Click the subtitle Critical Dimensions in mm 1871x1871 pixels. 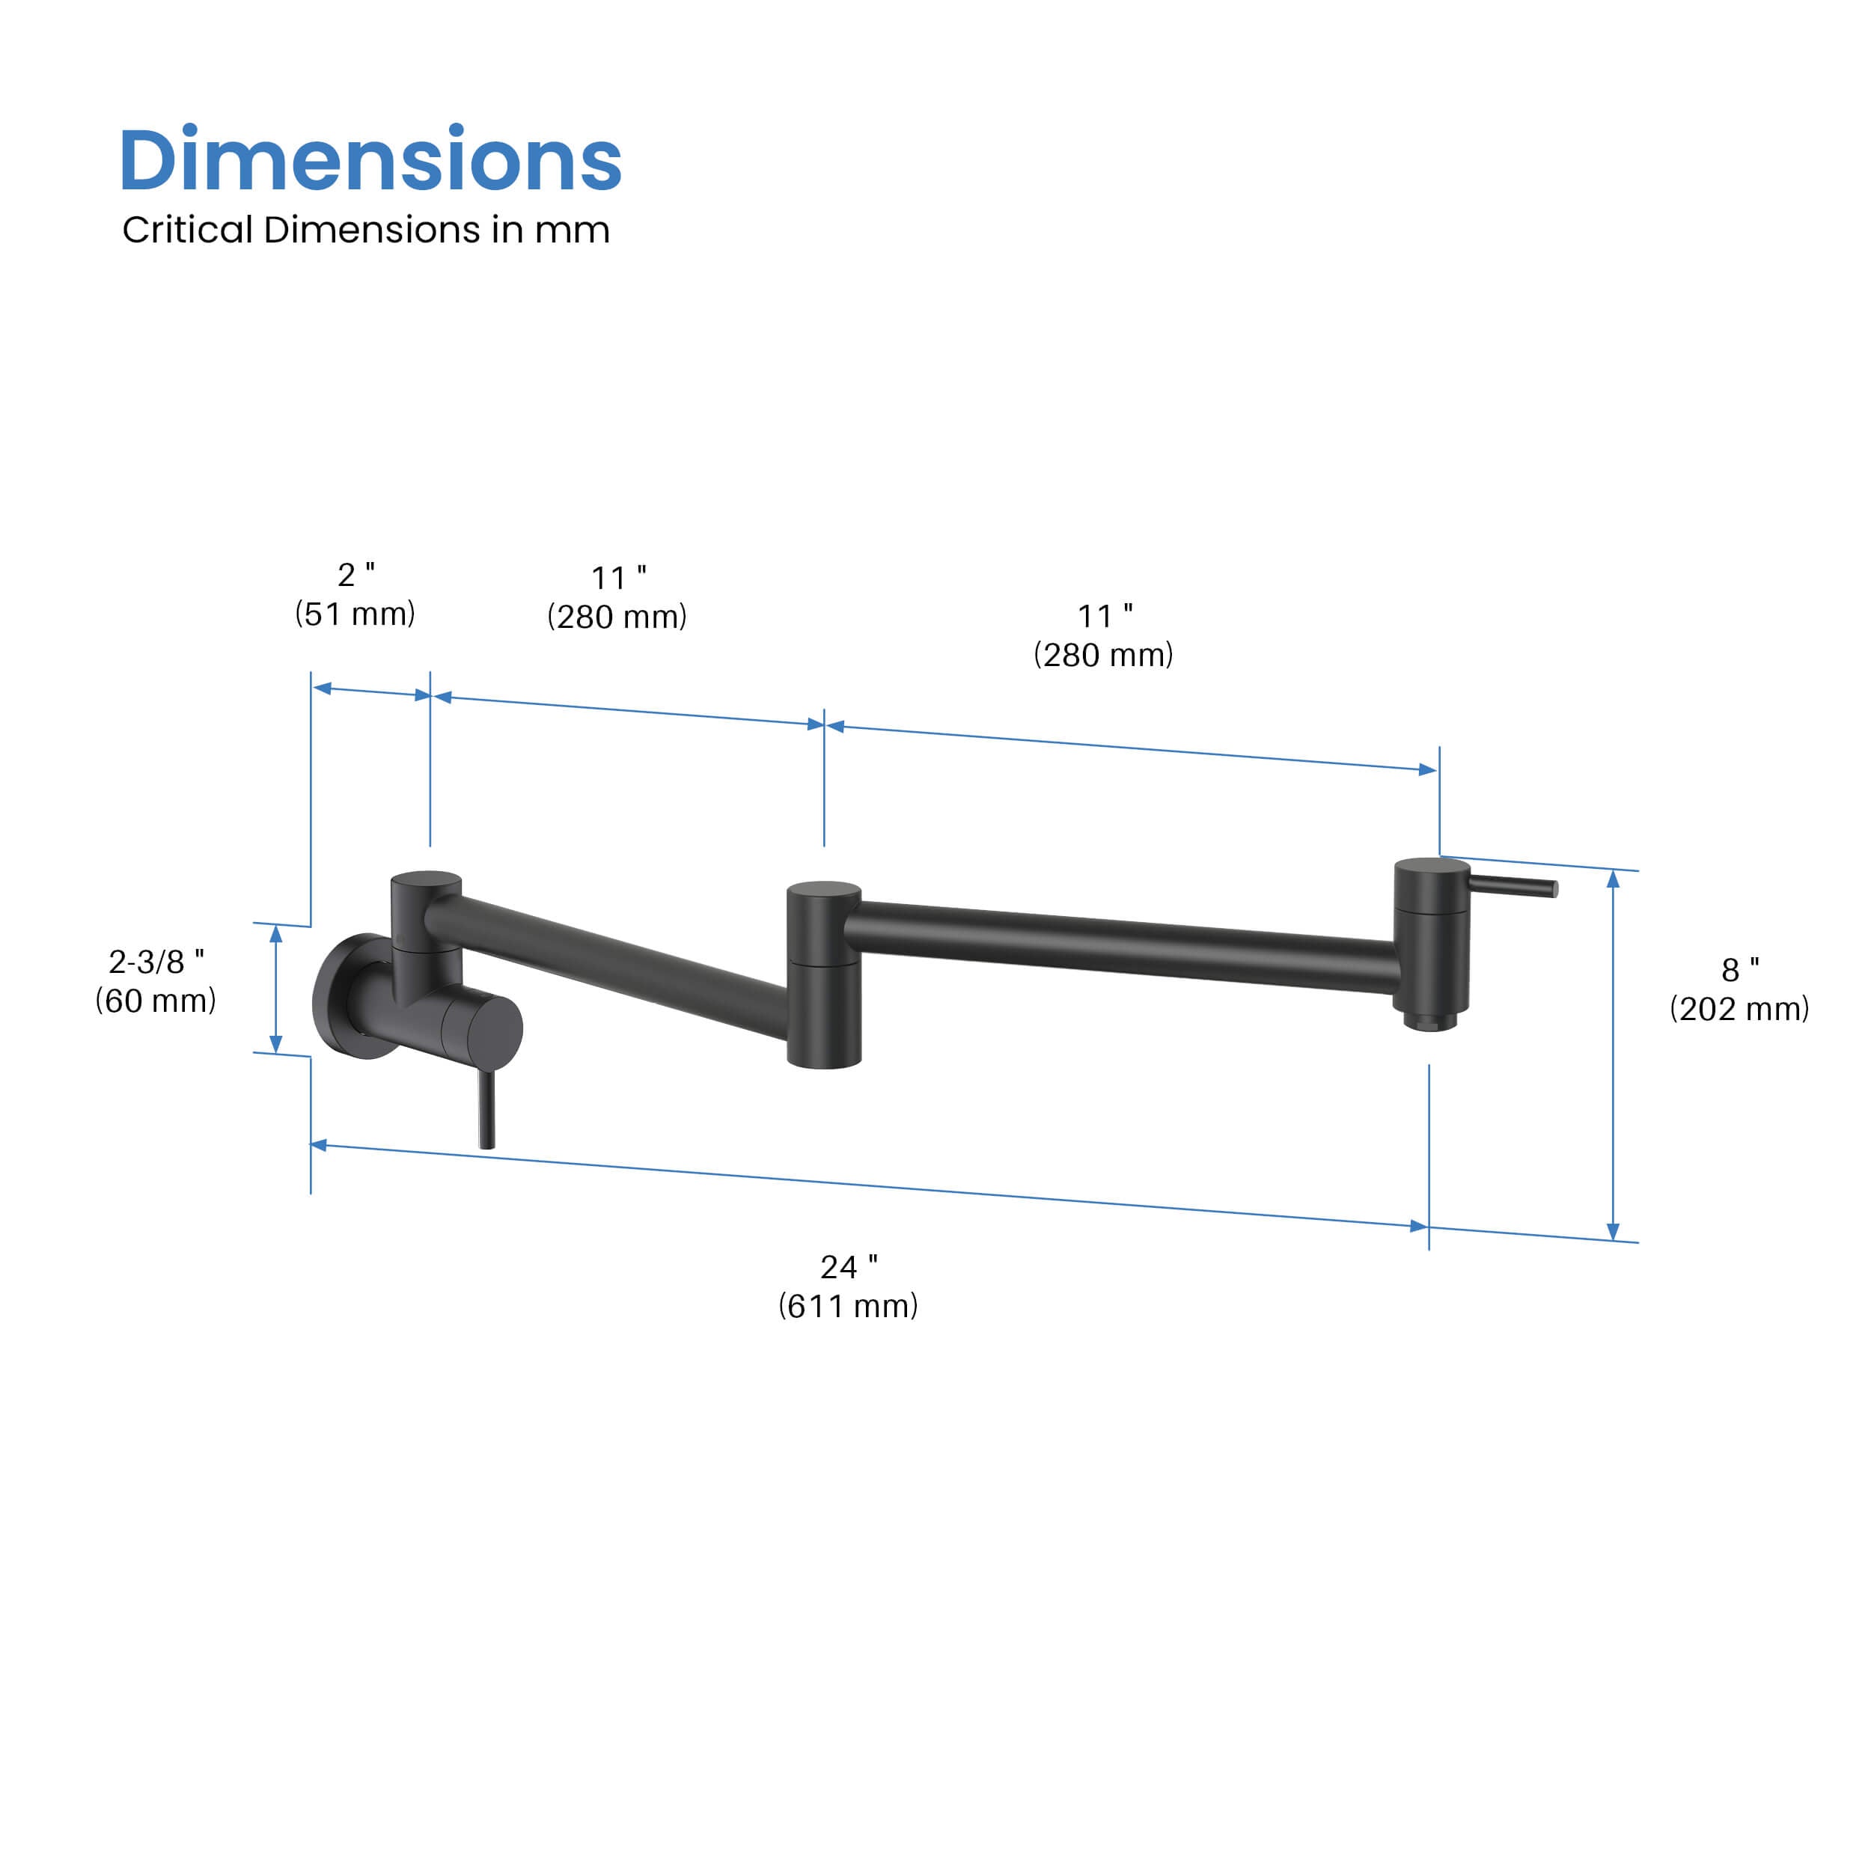click(x=366, y=231)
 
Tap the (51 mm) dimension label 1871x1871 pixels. click(x=355, y=614)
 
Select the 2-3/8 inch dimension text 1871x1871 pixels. click(x=156, y=962)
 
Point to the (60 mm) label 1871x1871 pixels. click(x=156, y=1001)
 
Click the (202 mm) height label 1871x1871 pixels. click(x=1739, y=1009)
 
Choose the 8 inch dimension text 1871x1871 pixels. click(x=1740, y=969)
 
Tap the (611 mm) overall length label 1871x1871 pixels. click(x=849, y=1307)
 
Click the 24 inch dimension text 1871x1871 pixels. click(x=849, y=1267)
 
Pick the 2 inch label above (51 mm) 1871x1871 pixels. click(x=356, y=574)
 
